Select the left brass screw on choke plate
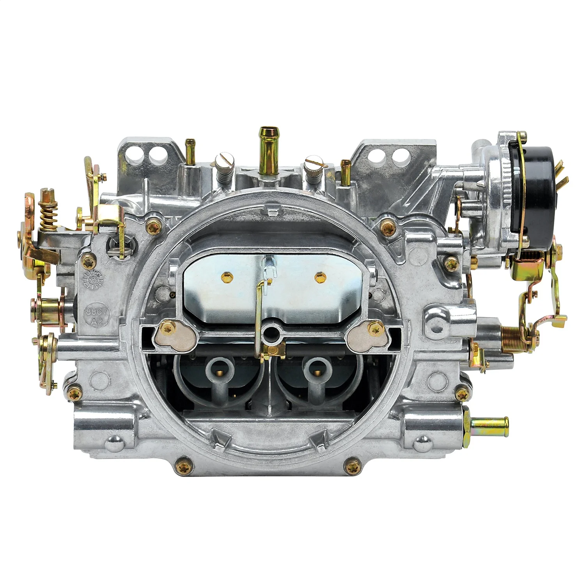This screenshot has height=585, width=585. pos(227,277)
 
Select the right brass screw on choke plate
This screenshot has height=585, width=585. pos(319,277)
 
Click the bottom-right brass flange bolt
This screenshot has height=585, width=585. pos(353,464)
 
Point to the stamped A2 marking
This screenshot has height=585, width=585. pos(95,322)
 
